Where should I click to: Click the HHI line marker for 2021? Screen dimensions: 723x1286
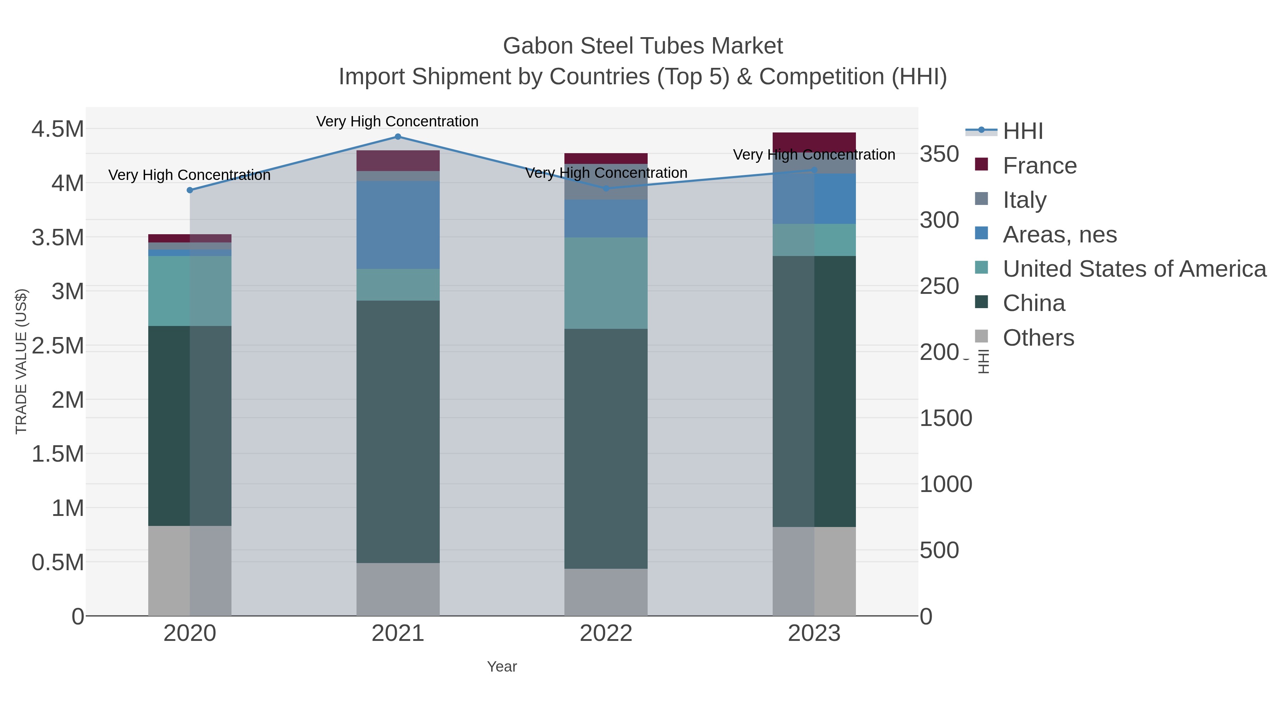(x=398, y=137)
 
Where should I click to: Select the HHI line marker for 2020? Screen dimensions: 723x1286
(x=190, y=190)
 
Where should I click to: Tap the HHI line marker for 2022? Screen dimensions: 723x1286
(x=606, y=189)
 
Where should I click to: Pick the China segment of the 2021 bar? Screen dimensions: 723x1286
(x=398, y=432)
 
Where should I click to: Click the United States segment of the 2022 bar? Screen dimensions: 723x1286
(x=606, y=283)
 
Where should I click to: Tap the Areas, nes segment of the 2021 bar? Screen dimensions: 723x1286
(x=398, y=225)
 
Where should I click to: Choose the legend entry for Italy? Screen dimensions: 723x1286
(x=1025, y=200)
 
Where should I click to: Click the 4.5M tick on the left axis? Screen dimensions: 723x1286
(x=58, y=129)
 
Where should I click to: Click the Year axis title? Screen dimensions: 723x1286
(x=502, y=667)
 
